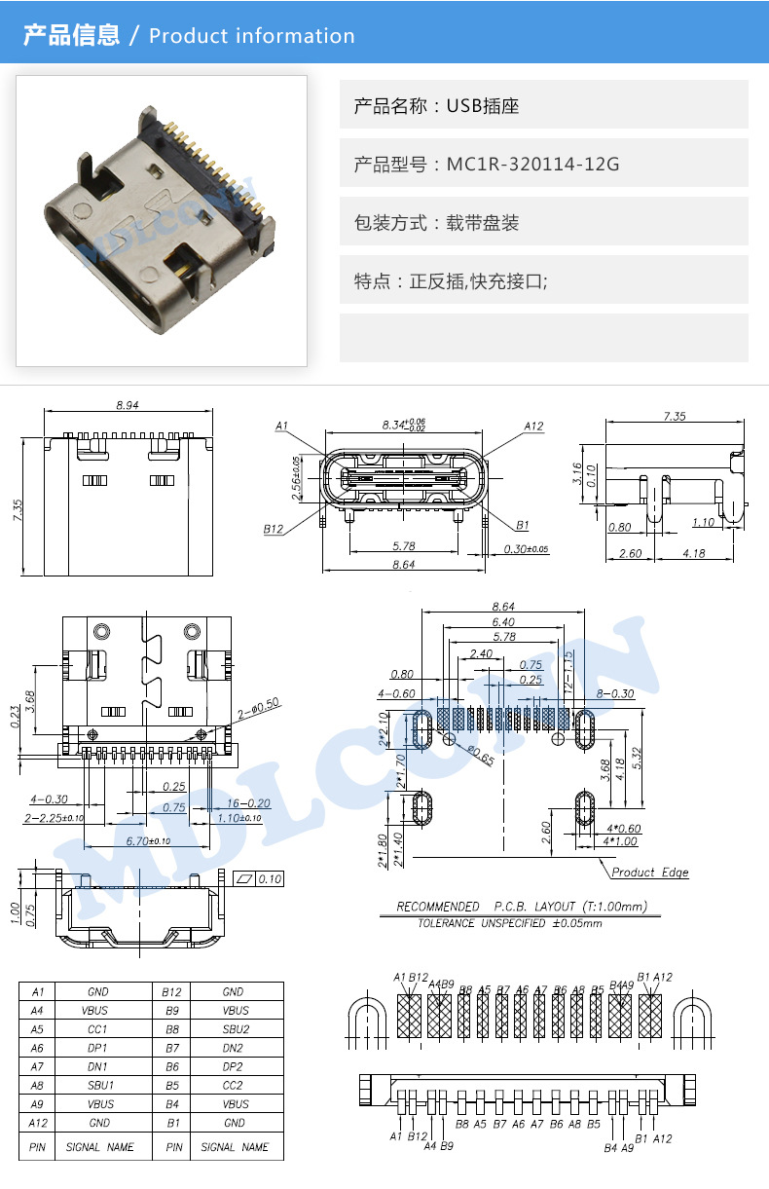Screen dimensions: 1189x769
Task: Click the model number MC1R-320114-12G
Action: pyautogui.click(x=532, y=164)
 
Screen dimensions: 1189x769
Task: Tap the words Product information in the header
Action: pyautogui.click(x=252, y=36)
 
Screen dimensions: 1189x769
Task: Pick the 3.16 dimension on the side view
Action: pyautogui.click(x=577, y=474)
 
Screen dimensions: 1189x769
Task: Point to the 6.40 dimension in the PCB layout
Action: pyautogui.click(x=503, y=621)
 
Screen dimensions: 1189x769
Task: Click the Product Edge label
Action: pyautogui.click(x=649, y=873)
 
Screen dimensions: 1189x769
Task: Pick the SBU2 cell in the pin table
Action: pyautogui.click(x=235, y=1029)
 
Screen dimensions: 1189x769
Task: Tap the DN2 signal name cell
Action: pyautogui.click(x=235, y=1048)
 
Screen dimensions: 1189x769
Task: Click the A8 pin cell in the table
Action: pyautogui.click(x=37, y=1085)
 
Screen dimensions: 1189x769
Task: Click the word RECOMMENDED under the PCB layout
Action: pyautogui.click(x=438, y=907)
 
